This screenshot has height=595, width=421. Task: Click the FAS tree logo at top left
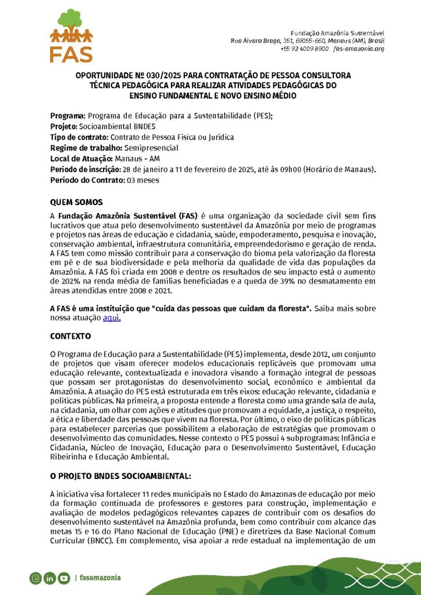coord(71,35)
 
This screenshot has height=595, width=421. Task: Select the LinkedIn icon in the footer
coord(49,578)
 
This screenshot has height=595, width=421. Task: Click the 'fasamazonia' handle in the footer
coord(100,578)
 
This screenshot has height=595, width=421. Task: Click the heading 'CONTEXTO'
coord(70,336)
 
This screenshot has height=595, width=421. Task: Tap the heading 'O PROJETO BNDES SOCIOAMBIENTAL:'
coord(120,476)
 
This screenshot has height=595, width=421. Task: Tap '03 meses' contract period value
coord(142,180)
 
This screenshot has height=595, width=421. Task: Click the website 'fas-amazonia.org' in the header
coord(359,49)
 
